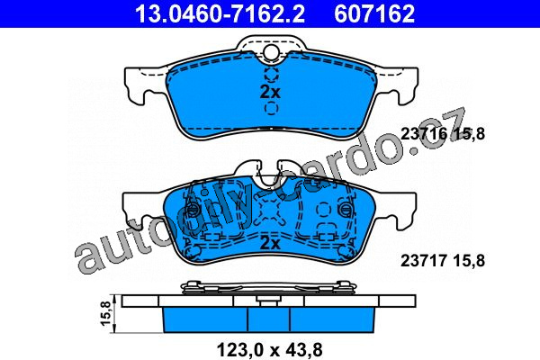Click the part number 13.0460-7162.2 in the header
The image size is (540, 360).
coord(220,13)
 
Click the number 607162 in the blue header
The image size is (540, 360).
coord(374,13)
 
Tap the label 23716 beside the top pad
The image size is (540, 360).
coord(424,134)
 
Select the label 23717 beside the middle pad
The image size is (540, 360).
coord(424,260)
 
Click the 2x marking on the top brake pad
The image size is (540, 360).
coord(270,92)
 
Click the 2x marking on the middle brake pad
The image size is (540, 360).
coord(270,244)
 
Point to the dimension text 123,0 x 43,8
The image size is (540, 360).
coord(270,350)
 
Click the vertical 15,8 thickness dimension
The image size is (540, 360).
coord(105,313)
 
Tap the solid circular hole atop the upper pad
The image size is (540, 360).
coord(271,51)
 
